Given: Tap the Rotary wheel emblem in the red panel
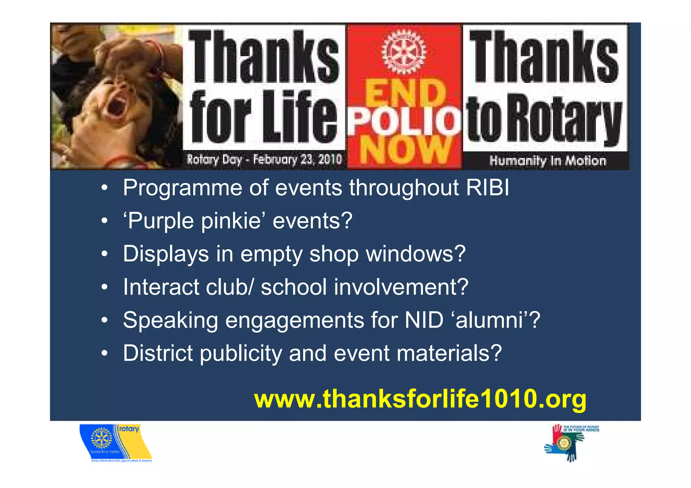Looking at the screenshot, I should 404,52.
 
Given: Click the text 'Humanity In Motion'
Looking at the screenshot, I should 548,161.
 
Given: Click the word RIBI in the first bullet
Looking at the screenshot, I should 488,188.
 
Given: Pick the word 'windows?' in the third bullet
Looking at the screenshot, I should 416,254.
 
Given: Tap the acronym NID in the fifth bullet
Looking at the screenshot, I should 424,320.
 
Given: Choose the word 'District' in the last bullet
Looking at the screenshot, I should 158,353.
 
